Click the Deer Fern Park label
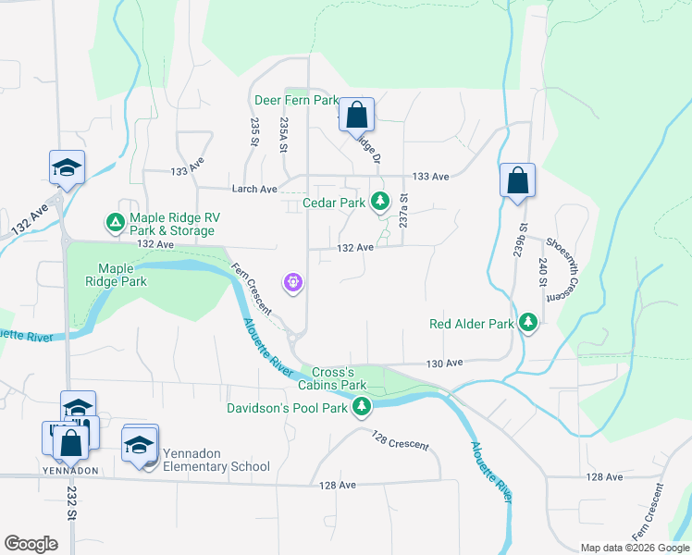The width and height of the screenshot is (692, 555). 295,100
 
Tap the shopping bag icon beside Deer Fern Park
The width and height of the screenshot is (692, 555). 356,117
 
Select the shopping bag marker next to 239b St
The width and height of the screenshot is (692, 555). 518,181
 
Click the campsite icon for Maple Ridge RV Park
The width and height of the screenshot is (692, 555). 115,223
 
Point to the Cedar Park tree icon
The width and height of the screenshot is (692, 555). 379,201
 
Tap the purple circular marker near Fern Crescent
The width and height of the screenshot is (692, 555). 294,281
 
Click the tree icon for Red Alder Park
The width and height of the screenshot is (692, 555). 528,323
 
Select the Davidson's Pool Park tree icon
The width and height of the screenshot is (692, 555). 362,406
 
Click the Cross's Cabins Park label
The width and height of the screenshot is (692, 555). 340,377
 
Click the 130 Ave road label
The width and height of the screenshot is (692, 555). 445,364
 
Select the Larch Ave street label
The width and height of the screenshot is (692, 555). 254,189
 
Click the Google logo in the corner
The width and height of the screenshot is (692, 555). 31,544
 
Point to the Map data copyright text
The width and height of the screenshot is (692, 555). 635,548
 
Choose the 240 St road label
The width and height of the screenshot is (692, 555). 543,275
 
